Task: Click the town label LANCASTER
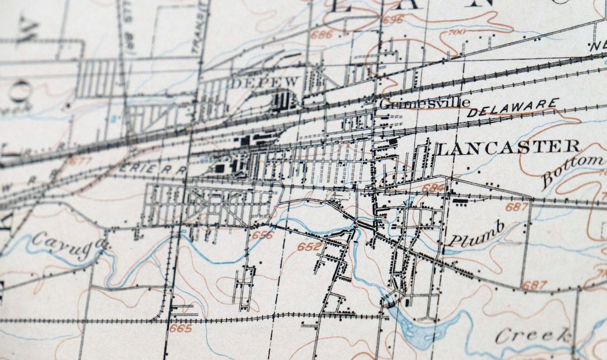[507, 147]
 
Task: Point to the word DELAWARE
[513, 107]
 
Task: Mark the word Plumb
[476, 234]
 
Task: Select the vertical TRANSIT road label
[195, 24]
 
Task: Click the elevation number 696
[393, 20]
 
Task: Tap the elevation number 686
[321, 35]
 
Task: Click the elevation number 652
[309, 246]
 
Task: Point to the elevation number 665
[180, 328]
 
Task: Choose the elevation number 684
[433, 189]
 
